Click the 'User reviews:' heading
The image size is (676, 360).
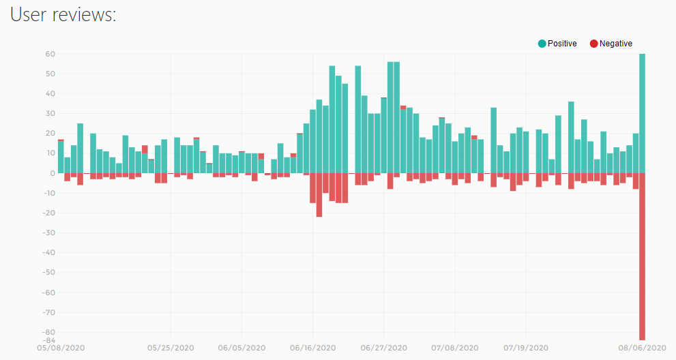tap(63, 15)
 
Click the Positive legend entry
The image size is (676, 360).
tap(557, 44)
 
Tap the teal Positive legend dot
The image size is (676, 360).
tap(542, 44)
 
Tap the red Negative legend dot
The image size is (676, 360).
tap(594, 44)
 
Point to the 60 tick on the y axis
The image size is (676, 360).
tap(50, 54)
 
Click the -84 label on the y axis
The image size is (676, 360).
tap(49, 340)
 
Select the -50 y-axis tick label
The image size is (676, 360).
tap(49, 273)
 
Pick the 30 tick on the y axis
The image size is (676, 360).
tap(50, 113)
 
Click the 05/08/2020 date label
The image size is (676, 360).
tap(61, 348)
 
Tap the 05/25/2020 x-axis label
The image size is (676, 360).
tap(171, 348)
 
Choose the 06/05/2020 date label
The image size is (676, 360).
tap(241, 348)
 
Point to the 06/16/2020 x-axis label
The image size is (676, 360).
tap(312, 348)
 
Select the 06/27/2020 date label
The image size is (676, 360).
tap(383, 348)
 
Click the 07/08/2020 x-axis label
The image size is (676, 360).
tap(454, 348)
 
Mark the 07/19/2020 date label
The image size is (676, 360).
tap(525, 348)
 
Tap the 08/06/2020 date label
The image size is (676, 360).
tap(642, 348)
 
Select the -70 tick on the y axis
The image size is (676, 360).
tap(49, 312)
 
